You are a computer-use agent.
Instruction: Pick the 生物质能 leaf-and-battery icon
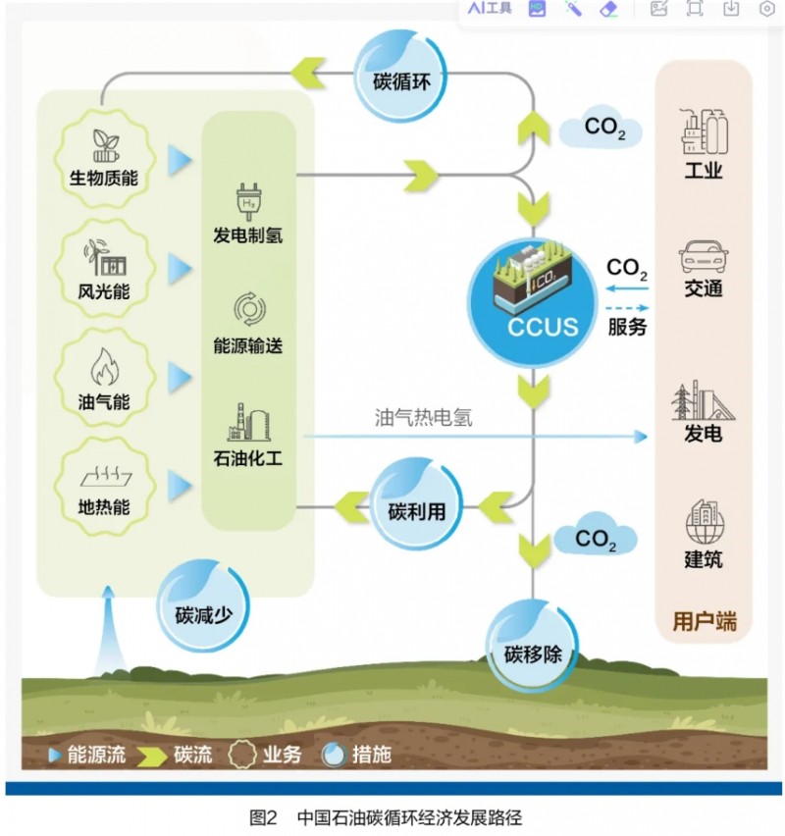point(104,145)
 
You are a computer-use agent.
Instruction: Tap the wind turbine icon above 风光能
point(106,257)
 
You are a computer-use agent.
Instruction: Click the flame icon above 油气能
point(104,369)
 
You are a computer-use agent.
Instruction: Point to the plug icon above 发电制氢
point(246,199)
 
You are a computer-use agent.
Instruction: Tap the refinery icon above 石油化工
point(247,421)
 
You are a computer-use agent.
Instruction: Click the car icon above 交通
point(703,258)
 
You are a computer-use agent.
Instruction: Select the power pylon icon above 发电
point(703,400)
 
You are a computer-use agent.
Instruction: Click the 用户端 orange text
point(703,621)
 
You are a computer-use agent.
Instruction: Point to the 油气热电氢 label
point(423,417)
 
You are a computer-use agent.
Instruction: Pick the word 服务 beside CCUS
point(627,328)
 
